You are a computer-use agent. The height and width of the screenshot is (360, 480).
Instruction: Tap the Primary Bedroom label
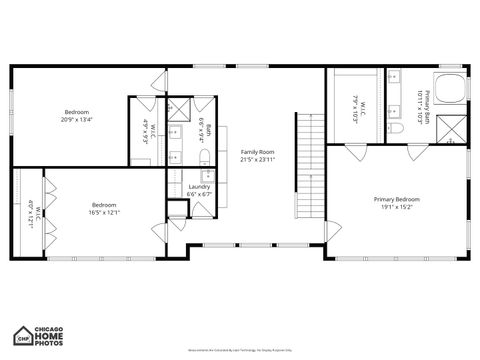(397, 203)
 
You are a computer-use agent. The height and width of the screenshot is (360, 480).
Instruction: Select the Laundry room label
(199, 190)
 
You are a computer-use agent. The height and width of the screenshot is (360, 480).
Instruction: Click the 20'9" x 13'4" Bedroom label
(77, 115)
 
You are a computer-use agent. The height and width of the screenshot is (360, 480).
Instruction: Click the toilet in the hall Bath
(175, 156)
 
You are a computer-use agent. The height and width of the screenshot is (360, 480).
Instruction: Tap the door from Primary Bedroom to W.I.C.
(356, 151)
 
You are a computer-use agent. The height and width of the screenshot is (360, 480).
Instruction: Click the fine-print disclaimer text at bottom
(240, 351)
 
